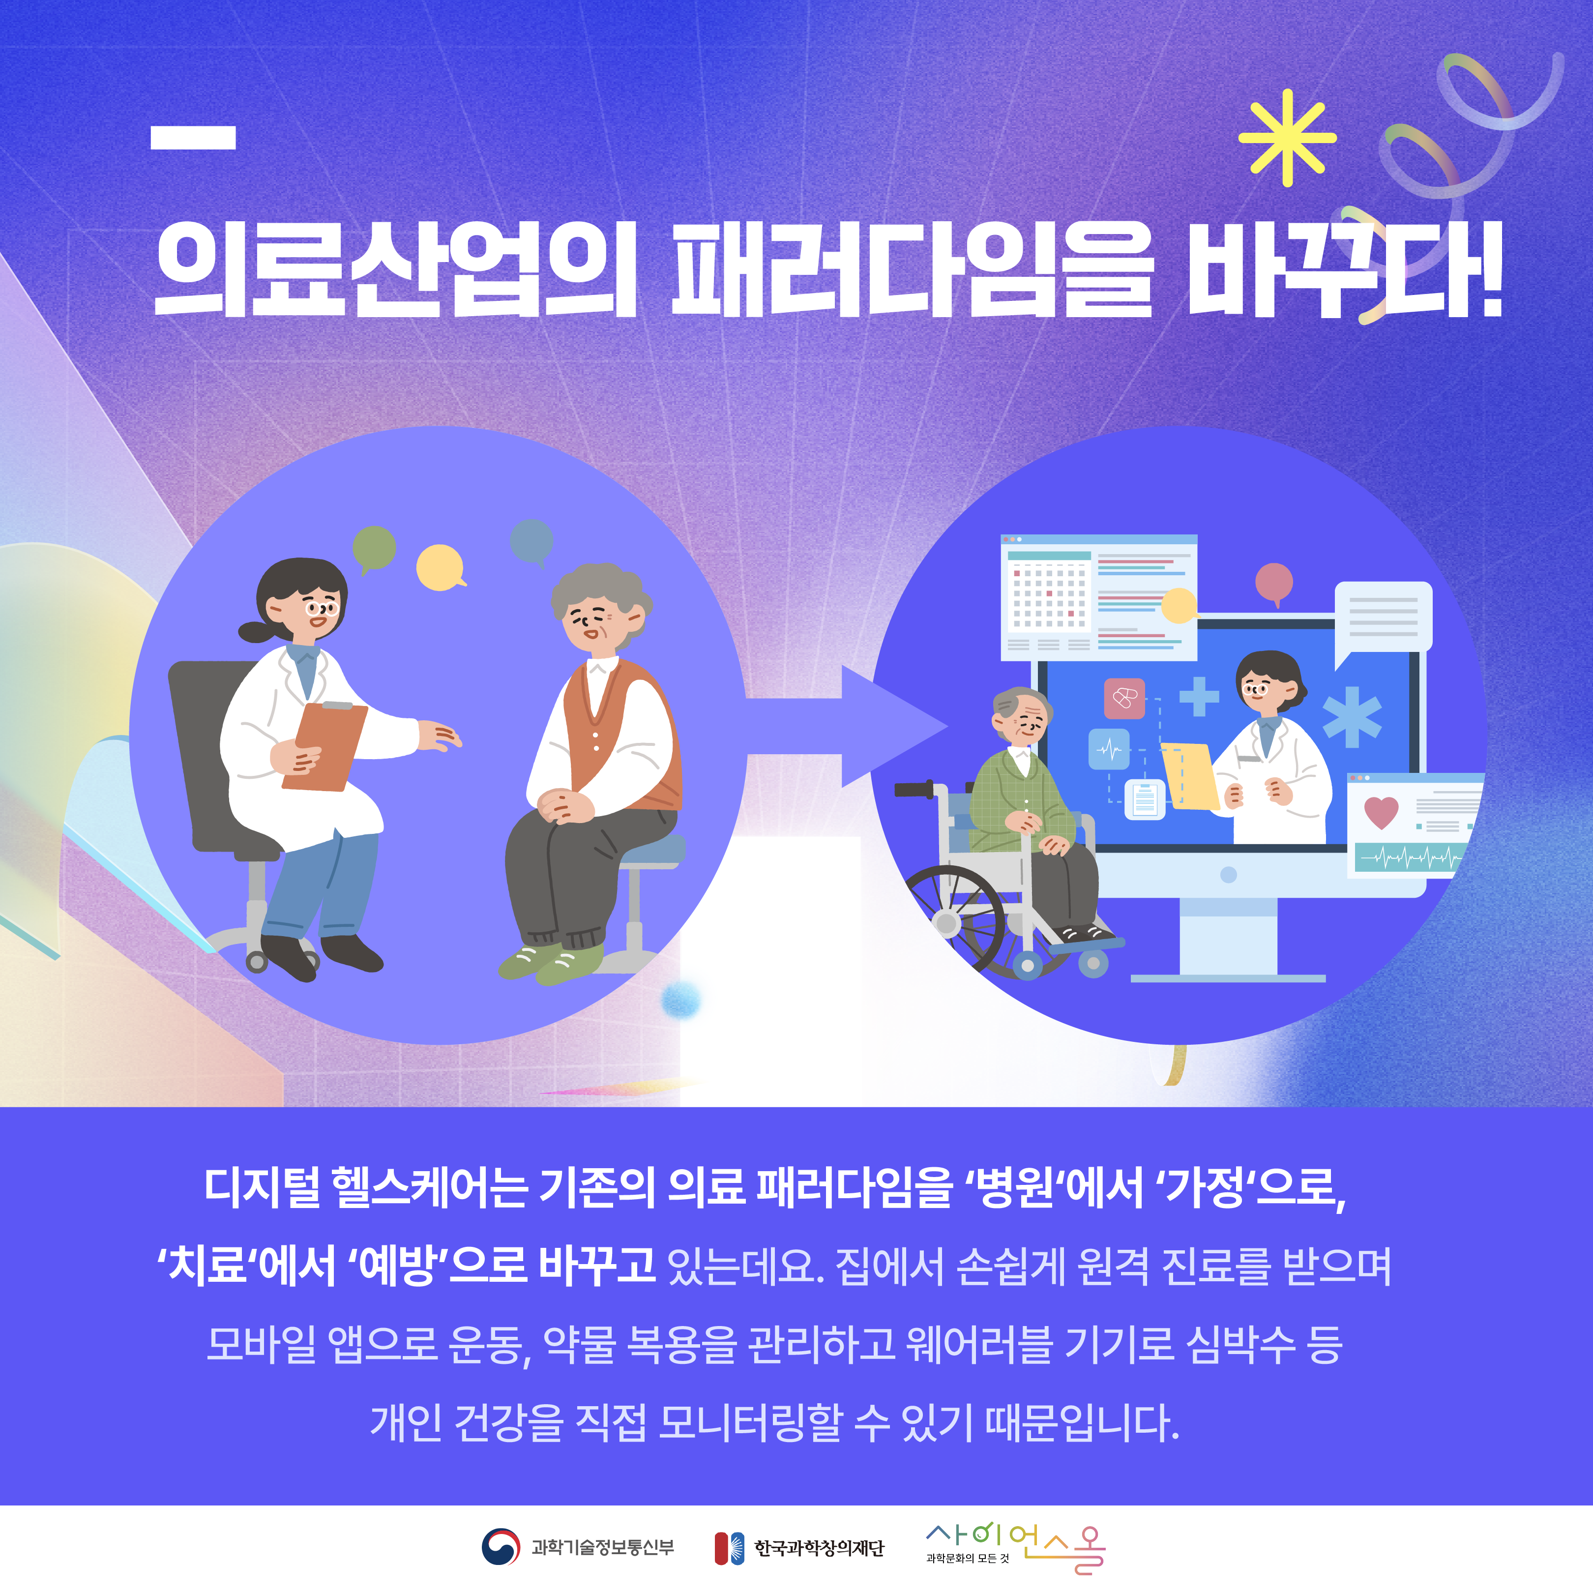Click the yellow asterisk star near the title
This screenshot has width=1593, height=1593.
click(1287, 138)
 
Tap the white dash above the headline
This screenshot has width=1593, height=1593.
click(193, 138)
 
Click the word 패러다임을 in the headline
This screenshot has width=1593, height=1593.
click(911, 269)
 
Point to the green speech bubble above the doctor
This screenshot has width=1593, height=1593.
click(374, 548)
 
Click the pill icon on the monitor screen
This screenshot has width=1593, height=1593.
click(1124, 698)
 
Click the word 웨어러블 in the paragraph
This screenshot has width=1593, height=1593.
click(979, 1344)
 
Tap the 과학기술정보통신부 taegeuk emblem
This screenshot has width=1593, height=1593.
click(501, 1547)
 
